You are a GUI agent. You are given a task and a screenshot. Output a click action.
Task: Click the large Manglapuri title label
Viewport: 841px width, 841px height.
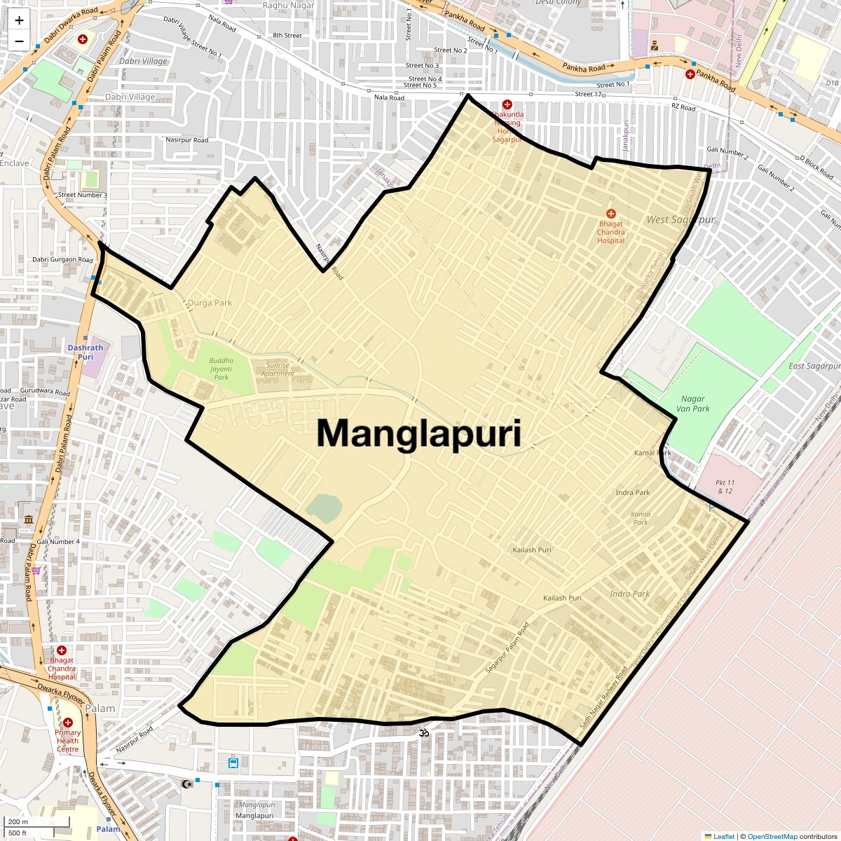click(419, 433)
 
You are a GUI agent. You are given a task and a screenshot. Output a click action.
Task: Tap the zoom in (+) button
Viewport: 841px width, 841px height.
click(19, 20)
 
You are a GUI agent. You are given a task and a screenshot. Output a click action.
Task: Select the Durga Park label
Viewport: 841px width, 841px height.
click(210, 303)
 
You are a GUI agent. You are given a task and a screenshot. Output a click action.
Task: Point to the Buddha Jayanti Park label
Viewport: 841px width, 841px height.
click(221, 369)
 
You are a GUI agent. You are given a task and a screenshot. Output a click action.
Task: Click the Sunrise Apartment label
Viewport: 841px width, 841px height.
click(278, 369)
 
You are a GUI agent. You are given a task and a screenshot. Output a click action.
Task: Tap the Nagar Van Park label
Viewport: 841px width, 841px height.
click(692, 404)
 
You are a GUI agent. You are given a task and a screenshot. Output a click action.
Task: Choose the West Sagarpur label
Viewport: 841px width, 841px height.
click(681, 219)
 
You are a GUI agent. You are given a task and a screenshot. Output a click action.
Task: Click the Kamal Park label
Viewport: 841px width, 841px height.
click(652, 453)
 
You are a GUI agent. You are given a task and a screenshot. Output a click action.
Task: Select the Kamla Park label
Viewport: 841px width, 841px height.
click(641, 518)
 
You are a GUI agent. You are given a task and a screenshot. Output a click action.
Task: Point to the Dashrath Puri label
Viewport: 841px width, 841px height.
click(86, 352)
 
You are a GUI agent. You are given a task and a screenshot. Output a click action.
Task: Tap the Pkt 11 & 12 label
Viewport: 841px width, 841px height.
click(725, 486)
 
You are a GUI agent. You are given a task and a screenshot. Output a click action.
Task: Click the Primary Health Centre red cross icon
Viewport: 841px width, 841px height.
click(68, 723)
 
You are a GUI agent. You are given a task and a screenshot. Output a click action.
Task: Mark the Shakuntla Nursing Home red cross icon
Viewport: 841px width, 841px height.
click(507, 104)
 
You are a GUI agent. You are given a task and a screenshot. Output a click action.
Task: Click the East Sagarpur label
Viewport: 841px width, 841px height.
click(814, 366)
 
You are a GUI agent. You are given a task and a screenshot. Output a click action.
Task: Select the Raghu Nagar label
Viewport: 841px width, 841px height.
click(289, 6)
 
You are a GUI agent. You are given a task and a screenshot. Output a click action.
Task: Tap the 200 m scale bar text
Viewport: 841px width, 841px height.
click(19, 822)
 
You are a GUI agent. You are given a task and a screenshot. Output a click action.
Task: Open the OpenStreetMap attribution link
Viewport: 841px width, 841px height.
click(772, 836)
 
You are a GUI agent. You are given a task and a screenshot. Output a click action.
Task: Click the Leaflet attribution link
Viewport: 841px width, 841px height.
click(723, 836)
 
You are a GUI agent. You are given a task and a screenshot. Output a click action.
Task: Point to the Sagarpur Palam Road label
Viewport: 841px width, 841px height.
click(507, 648)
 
